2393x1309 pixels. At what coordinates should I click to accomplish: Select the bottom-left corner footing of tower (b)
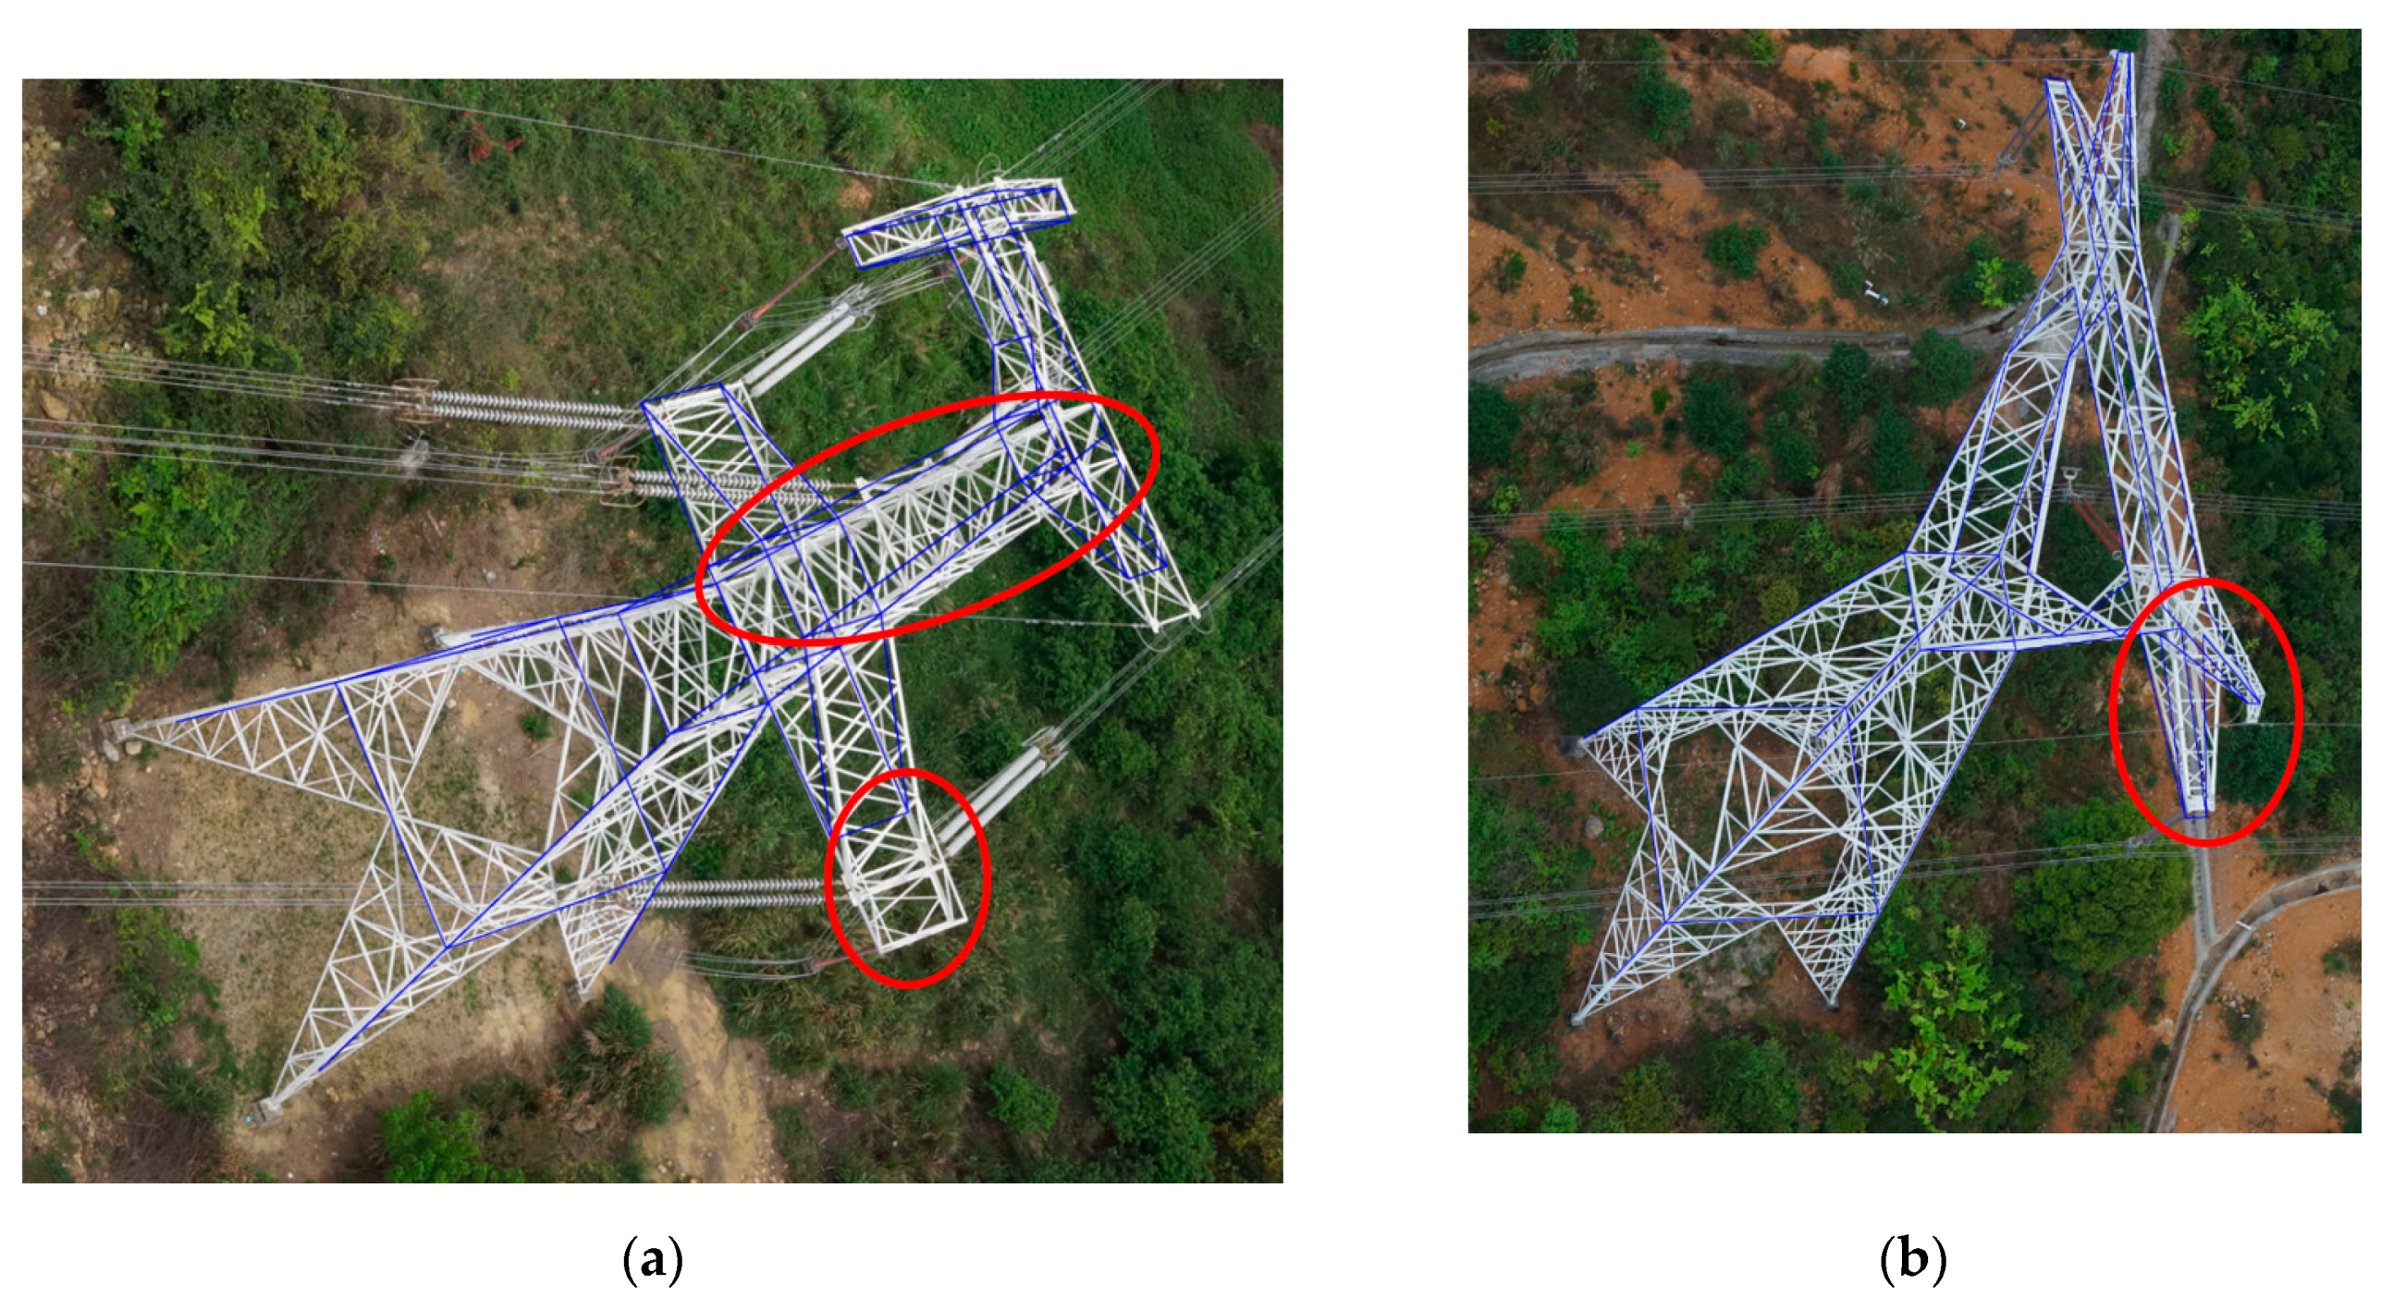click(1577, 1019)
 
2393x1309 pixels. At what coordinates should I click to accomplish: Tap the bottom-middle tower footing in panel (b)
click(1831, 1000)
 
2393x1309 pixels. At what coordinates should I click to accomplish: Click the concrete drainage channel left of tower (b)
click(1672, 349)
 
